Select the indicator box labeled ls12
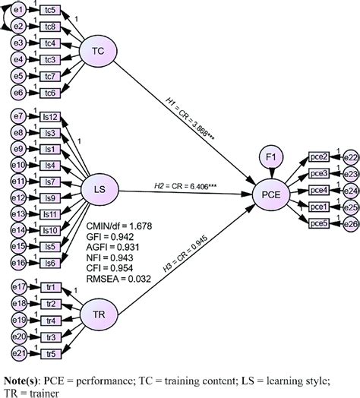tap(51, 118)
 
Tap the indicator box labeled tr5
tap(51, 353)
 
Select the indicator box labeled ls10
tap(51, 230)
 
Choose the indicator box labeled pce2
tap(319, 156)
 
